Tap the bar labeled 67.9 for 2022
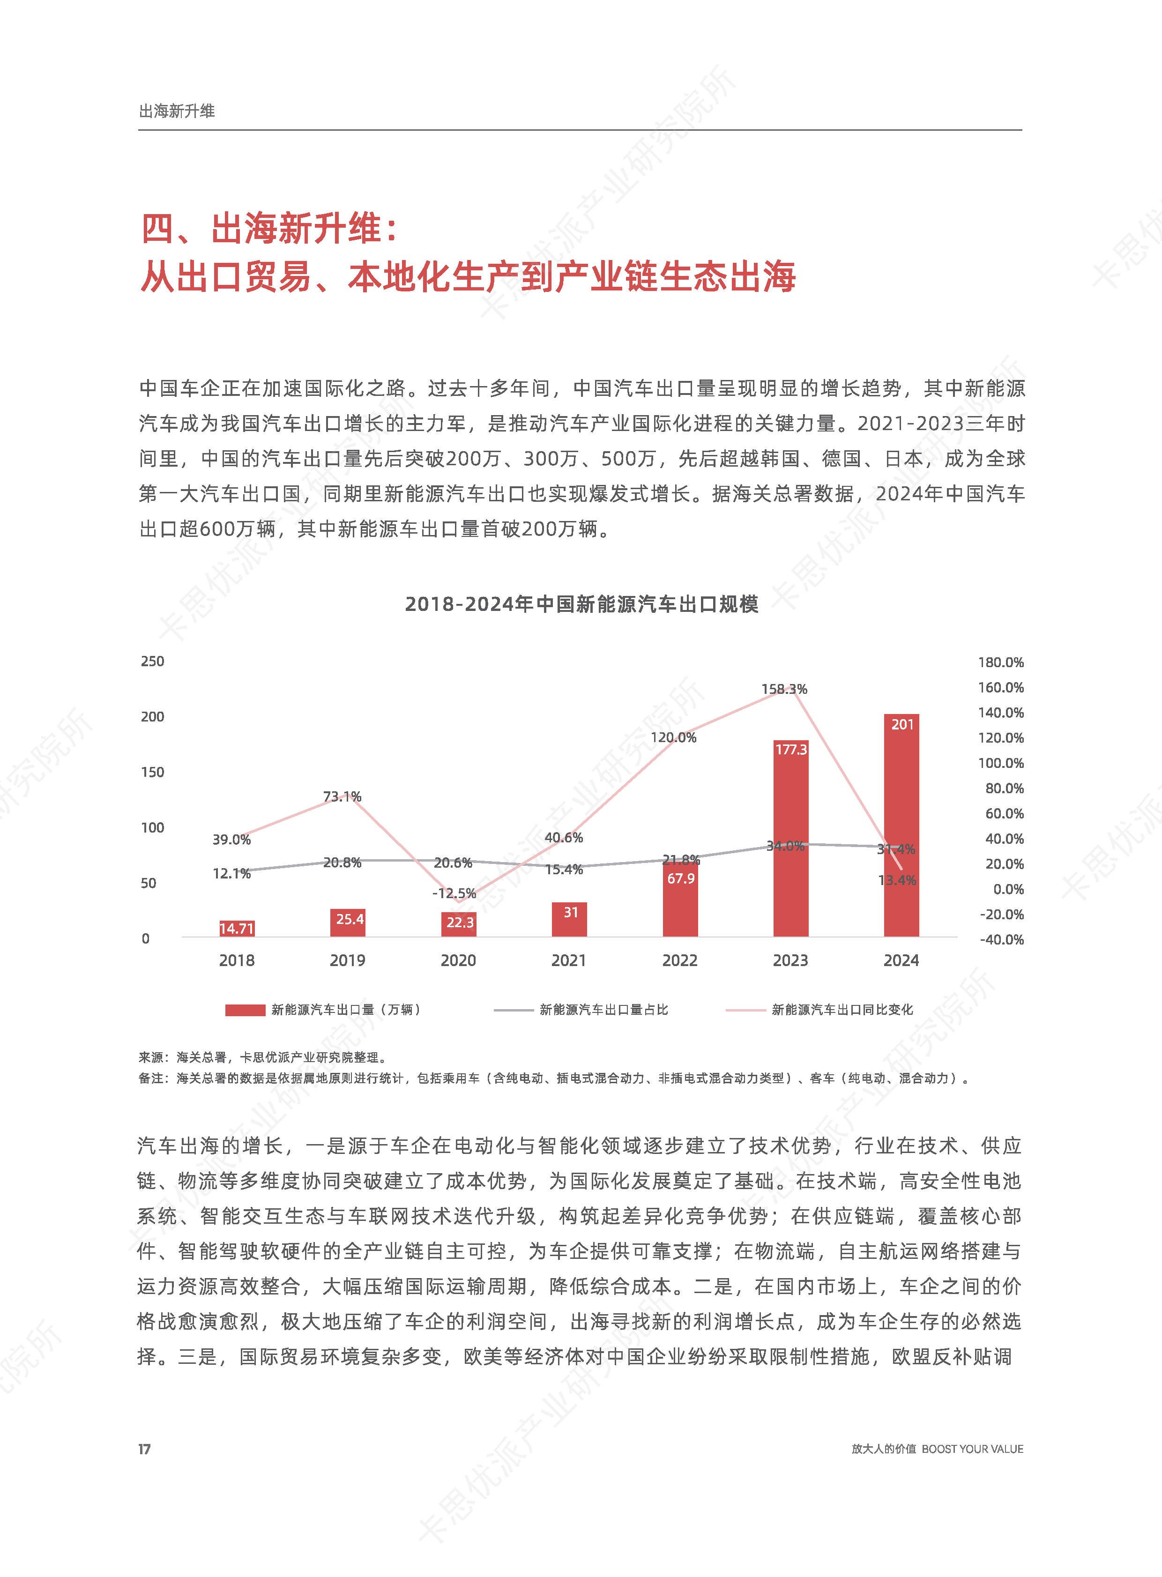coord(680,900)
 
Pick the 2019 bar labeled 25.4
coord(348,923)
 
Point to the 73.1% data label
coord(342,796)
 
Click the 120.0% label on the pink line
coord(673,737)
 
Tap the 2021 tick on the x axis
coord(568,960)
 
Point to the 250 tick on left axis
coord(153,661)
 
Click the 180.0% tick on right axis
coord(1000,662)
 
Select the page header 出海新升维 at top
coord(177,111)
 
